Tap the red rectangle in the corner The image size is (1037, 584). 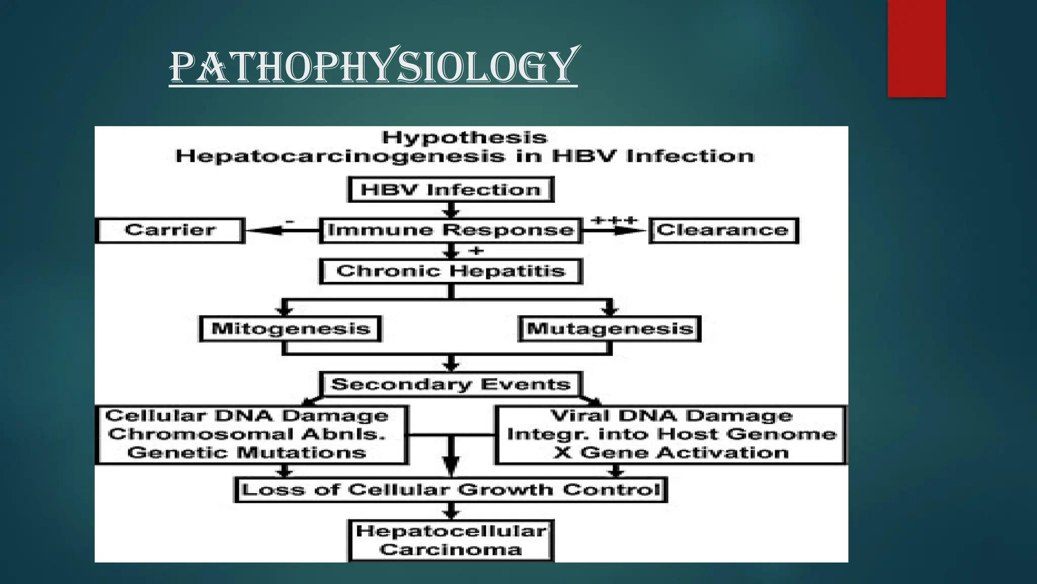point(916,48)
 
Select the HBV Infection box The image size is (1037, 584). point(451,190)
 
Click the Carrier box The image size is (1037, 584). point(170,230)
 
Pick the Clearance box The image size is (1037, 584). point(723,230)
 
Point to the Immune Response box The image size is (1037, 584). point(451,230)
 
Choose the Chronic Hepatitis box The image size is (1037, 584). point(451,271)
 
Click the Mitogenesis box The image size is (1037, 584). point(291,328)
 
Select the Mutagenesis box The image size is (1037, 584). point(610,328)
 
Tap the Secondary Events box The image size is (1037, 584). point(451,384)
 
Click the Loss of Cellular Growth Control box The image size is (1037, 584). point(451,490)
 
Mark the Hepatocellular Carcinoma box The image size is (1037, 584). point(451,540)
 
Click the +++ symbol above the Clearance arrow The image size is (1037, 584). point(614,221)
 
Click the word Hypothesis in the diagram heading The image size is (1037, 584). point(464,137)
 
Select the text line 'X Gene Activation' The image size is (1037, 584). point(671,453)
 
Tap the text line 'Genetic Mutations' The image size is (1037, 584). point(247,453)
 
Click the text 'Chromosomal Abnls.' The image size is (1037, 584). point(247,434)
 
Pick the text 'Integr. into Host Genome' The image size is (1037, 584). point(671,434)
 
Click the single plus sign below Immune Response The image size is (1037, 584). point(476,250)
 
